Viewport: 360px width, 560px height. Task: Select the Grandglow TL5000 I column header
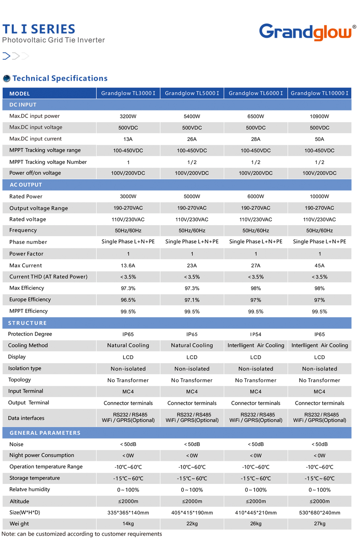pos(192,93)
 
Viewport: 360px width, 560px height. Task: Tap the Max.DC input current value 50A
pos(319,139)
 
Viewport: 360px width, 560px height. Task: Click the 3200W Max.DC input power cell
pos(128,116)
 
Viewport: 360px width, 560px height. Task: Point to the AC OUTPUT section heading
pos(26,185)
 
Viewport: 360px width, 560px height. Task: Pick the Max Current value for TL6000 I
pos(256,265)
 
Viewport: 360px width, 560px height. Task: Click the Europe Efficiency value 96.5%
pos(128,300)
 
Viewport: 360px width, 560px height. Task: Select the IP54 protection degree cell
pos(256,334)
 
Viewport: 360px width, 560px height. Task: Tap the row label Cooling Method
pos(28,346)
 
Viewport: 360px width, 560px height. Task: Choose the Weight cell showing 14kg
pos(128,524)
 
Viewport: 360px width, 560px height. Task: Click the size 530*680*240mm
pos(319,512)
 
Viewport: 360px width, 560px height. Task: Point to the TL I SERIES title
pos(39,29)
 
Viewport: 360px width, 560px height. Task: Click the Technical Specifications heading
pos(60,78)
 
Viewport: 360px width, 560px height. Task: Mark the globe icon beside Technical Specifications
pos(7,79)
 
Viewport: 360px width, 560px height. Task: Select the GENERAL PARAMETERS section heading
pos(45,433)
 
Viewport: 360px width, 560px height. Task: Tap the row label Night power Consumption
pos(42,455)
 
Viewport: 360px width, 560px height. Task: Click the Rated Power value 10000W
pos(319,196)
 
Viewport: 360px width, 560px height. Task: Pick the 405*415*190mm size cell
pos(192,512)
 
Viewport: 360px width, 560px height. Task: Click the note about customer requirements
pos(82,534)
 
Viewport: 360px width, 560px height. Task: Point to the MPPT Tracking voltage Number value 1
pos(128,162)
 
